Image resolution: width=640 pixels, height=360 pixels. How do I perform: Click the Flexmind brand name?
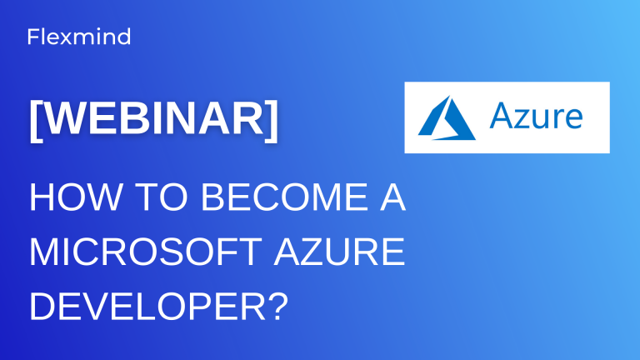[x=79, y=37]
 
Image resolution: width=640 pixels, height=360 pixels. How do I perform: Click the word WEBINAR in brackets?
[x=154, y=119]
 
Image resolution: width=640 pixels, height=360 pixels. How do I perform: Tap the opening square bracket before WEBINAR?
[x=36, y=120]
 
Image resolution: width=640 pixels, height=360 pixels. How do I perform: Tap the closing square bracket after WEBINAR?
[x=272, y=120]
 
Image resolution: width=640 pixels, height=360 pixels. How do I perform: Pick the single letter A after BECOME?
[x=390, y=201]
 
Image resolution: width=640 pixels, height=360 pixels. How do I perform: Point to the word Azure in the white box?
[x=536, y=117]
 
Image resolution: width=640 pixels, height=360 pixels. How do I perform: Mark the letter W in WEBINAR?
[x=63, y=119]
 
